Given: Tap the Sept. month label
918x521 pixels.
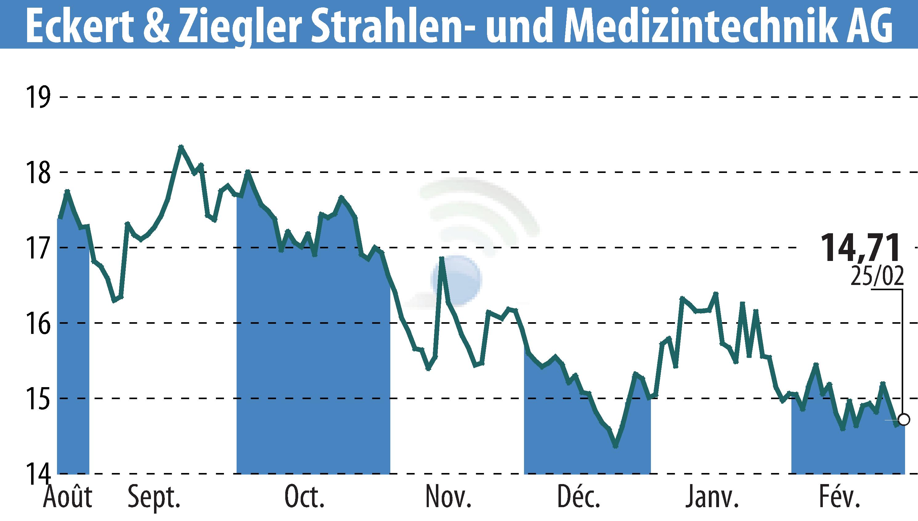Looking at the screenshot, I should [154, 497].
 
